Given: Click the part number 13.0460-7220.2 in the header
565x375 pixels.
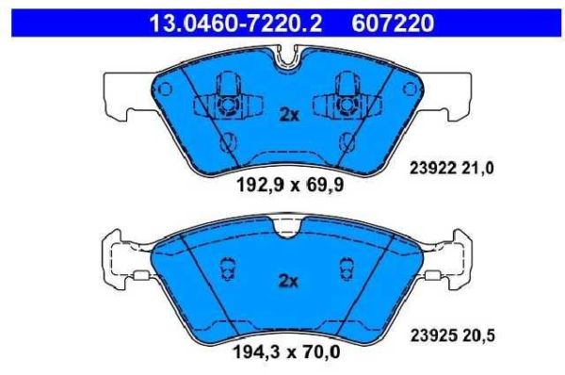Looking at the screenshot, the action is pyautogui.click(x=235, y=24).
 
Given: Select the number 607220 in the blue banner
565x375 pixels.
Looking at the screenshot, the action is pyautogui.click(x=393, y=24).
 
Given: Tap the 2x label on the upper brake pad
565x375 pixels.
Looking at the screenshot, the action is pyautogui.click(x=289, y=115).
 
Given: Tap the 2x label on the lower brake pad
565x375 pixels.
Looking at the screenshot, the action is pyautogui.click(x=289, y=281).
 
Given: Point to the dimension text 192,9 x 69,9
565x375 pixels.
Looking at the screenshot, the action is pyautogui.click(x=290, y=186).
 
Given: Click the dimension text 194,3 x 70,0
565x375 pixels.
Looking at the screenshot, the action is pyautogui.click(x=287, y=351).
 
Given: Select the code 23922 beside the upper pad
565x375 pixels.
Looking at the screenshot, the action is pyautogui.click(x=433, y=169).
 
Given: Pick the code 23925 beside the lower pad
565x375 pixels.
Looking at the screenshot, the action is pyautogui.click(x=433, y=335).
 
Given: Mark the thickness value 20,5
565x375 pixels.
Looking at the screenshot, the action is pyautogui.click(x=478, y=335).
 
